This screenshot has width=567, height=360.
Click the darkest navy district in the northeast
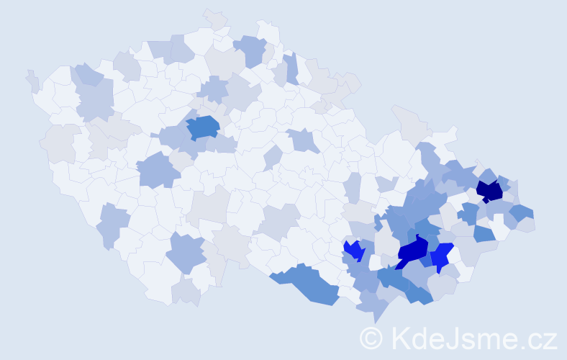point(490,191)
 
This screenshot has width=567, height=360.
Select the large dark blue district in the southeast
point(412,251)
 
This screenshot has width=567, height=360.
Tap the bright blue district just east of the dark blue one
point(441,256)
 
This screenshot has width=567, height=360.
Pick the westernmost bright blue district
point(353,250)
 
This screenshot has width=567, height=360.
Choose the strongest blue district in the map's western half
point(204,127)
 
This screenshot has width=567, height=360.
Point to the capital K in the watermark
point(399,338)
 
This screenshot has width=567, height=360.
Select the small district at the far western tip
point(33,81)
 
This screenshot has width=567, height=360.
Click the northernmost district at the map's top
point(215,18)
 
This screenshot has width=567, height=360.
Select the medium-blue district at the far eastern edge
point(522,212)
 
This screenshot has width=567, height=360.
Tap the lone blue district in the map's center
point(306,140)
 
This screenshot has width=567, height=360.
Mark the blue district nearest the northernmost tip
point(250,50)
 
